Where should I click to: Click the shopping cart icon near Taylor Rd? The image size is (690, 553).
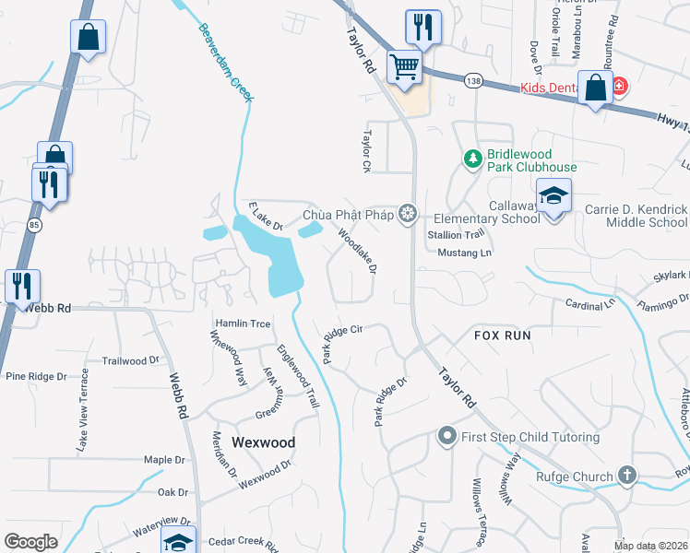(x=403, y=65)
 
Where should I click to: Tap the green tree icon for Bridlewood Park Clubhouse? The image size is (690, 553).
(x=473, y=159)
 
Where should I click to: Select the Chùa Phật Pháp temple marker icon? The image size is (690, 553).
(x=406, y=215)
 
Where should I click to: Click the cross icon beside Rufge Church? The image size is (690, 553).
(x=627, y=476)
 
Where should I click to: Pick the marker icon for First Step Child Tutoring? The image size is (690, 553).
(x=447, y=435)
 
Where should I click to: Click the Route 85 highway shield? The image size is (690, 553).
(x=33, y=224)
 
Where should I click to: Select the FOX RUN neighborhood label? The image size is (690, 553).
(x=503, y=335)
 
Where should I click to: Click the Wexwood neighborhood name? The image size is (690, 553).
(x=263, y=442)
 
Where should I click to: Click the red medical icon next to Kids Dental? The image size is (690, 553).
(x=618, y=87)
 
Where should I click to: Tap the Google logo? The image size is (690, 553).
(x=30, y=541)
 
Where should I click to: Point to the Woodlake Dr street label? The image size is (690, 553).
(x=357, y=252)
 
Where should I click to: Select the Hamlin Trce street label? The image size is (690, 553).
(x=243, y=324)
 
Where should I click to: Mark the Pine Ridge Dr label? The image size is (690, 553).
(x=37, y=376)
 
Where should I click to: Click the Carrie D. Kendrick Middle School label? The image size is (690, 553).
(x=636, y=216)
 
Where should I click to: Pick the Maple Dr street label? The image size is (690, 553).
(x=164, y=459)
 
